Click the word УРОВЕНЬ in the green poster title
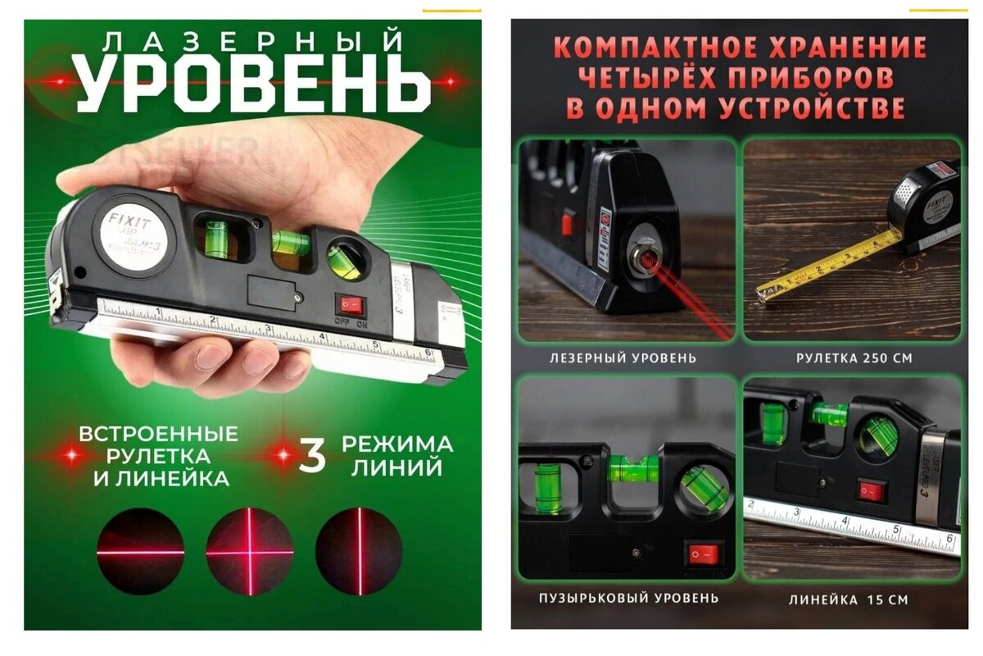click(253, 84)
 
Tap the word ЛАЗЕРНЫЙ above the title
click(252, 39)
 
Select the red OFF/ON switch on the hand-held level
click(351, 305)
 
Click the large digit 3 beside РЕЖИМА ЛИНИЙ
click(311, 457)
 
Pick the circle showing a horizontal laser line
click(140, 551)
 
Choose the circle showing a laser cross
click(249, 551)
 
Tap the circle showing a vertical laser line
click(359, 551)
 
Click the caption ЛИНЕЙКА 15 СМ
click(849, 599)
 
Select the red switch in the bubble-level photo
click(702, 554)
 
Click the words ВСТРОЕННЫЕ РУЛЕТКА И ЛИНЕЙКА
click(160, 457)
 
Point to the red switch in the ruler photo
click(872, 491)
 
